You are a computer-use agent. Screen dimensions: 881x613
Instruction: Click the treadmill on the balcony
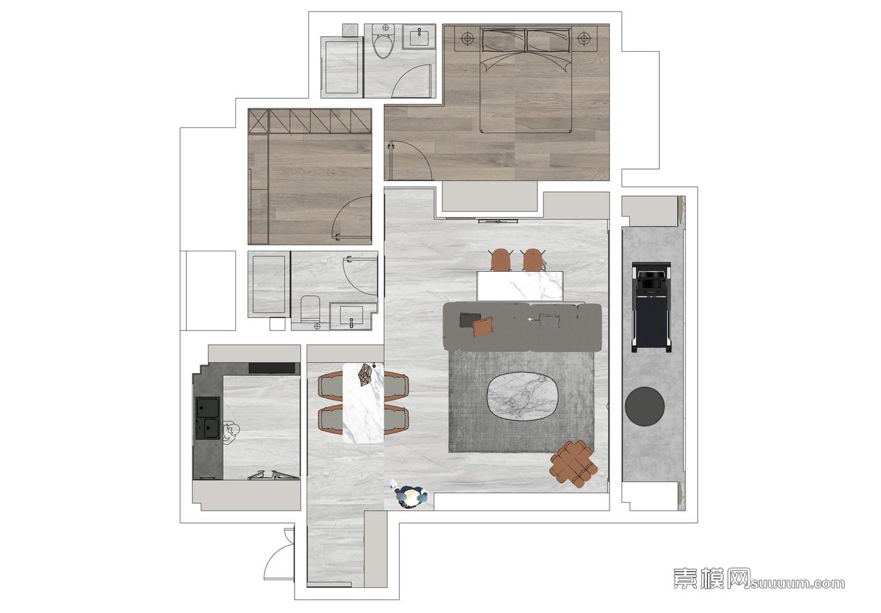651,307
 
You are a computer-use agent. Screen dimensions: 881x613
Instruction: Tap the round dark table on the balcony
644,406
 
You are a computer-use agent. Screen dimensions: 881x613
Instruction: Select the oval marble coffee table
523,397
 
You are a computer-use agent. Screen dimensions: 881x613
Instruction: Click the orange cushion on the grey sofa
483,327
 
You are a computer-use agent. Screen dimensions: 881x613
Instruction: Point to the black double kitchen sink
208,418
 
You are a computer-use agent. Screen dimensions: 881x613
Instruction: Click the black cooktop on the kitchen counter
272,368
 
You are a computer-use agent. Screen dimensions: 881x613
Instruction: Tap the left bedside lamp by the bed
467,39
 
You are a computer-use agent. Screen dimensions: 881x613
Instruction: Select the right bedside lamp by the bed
584,39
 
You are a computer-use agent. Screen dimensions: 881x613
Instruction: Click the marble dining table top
363,403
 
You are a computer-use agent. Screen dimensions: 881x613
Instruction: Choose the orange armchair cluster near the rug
574,464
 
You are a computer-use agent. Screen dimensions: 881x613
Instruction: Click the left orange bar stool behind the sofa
501,260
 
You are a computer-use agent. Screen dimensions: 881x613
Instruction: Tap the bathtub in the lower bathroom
269,285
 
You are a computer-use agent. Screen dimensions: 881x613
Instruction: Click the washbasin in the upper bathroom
419,37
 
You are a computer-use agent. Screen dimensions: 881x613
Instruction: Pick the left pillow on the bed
503,40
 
